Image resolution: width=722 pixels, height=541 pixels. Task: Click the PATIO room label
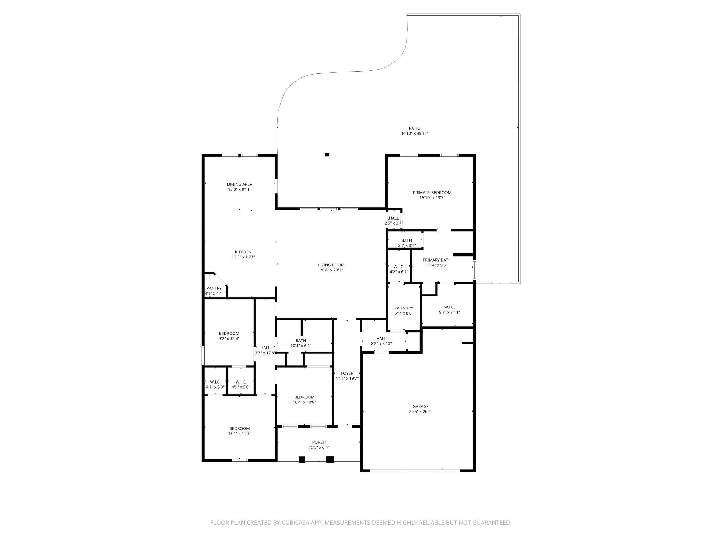414,128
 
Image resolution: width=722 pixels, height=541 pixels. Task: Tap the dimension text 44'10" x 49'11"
414,133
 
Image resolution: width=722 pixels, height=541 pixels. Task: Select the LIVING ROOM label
331,265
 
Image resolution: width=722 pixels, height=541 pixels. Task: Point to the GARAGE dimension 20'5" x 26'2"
420,412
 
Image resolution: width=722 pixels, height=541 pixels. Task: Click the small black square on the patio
327,155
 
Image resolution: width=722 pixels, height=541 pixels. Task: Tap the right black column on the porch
330,459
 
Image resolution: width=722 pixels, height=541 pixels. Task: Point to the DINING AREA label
239,184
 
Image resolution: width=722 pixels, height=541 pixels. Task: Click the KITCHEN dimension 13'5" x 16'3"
243,257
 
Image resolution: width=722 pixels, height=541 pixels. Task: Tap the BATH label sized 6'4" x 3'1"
406,240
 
